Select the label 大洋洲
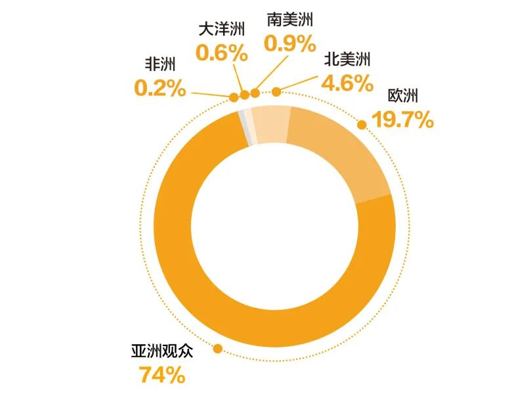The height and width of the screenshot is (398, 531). pos(222,30)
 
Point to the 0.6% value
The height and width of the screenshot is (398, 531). pos(222,53)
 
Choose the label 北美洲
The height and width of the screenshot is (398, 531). pos(348,60)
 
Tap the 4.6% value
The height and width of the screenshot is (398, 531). pos(348,83)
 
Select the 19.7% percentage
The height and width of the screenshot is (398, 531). pos(402,120)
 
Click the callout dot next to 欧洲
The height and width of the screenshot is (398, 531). pos(361,123)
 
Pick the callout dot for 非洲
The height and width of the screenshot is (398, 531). pos(234,98)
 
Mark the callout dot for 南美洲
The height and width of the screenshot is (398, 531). pos(255,93)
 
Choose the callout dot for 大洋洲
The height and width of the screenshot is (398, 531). pos(245,95)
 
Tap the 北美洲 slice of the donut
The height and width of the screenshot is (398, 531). pos(270,124)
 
